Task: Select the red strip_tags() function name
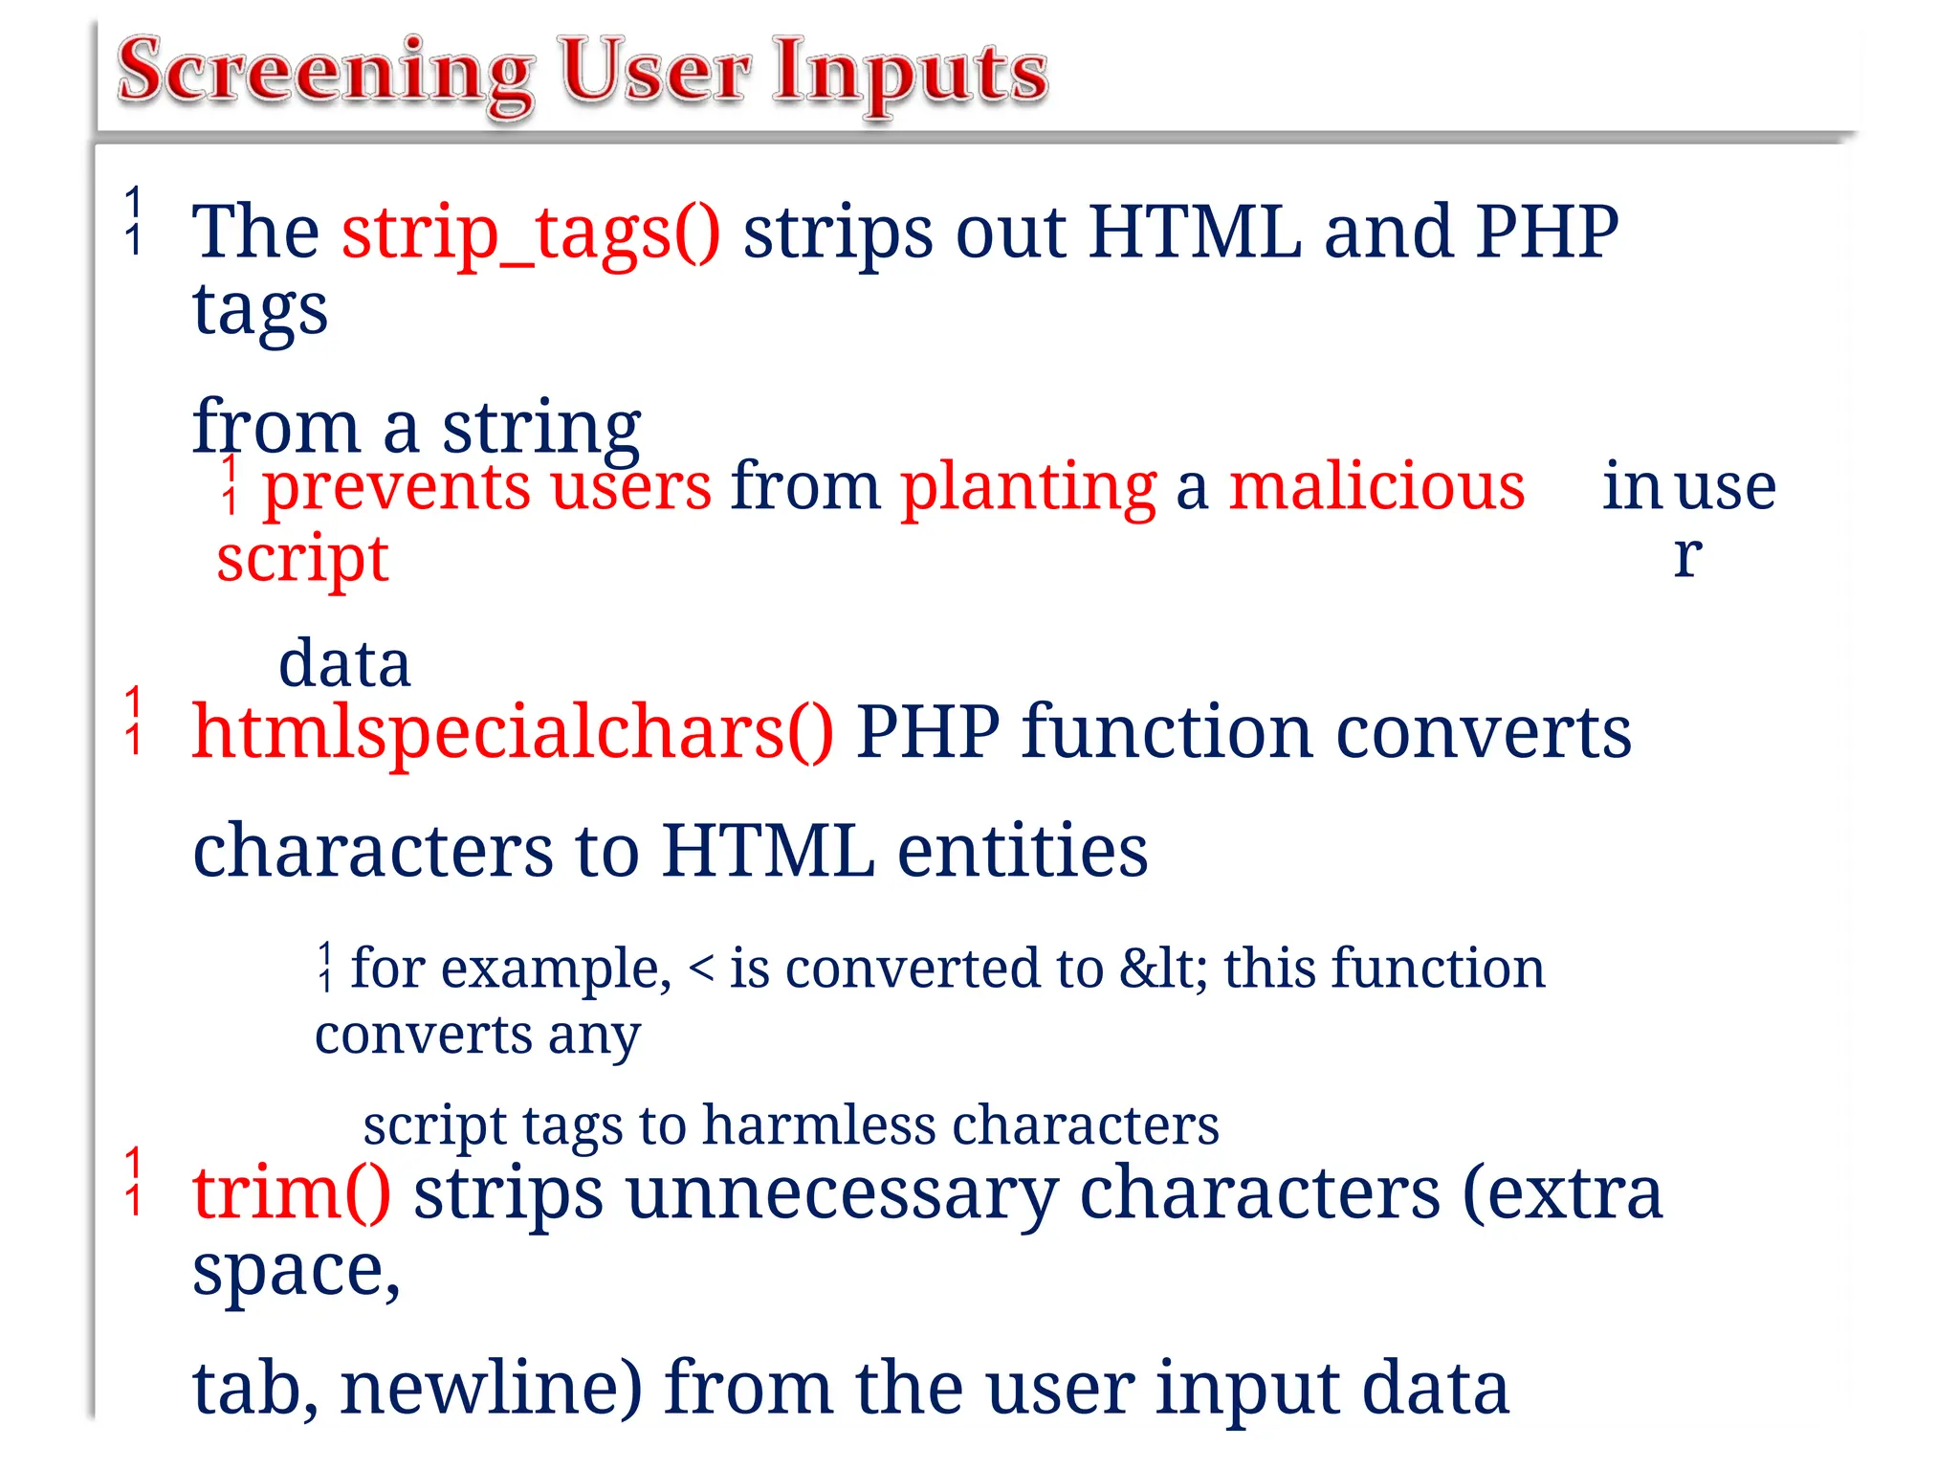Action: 532,234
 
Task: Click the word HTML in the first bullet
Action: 1195,232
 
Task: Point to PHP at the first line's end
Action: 1546,232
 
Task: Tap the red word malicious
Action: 1376,486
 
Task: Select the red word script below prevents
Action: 302,559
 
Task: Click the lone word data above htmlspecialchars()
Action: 344,663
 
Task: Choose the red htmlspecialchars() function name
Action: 513,733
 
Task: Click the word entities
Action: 1022,851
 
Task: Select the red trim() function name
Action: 291,1194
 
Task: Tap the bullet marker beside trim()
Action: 134,1182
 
